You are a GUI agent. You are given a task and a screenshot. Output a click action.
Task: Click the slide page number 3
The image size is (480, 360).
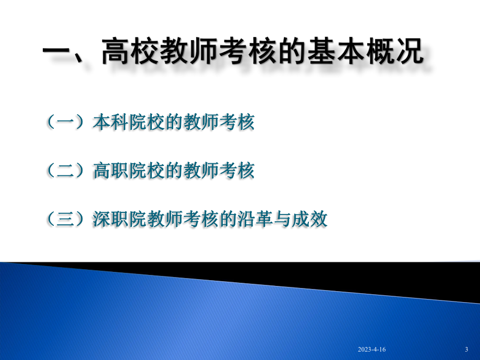[466, 350]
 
